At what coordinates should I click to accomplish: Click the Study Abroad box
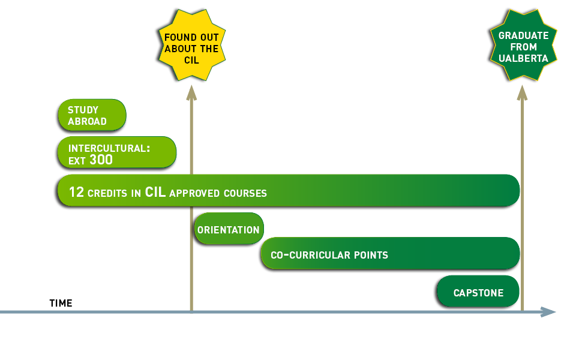pyautogui.click(x=92, y=115)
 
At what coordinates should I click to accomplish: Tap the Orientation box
pyautogui.click(x=229, y=230)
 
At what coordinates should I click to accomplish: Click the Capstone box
pyautogui.click(x=478, y=293)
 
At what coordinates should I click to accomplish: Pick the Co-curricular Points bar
pyautogui.click(x=390, y=254)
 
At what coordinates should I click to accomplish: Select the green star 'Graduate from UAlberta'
pyautogui.click(x=523, y=46)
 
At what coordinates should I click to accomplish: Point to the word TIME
pyautogui.click(x=61, y=304)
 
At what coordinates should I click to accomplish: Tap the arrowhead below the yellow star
pyautogui.click(x=191, y=92)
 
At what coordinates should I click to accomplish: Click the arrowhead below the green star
pyautogui.click(x=523, y=92)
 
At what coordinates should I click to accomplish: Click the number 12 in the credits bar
pyautogui.click(x=76, y=193)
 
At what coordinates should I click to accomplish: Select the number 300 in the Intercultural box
pyautogui.click(x=101, y=160)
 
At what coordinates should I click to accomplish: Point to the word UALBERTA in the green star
pyautogui.click(x=523, y=58)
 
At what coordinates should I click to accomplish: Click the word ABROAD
pyautogui.click(x=87, y=121)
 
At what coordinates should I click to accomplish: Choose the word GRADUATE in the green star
pyautogui.click(x=523, y=35)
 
